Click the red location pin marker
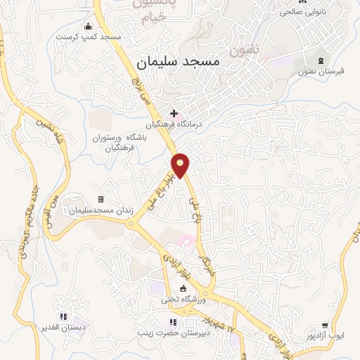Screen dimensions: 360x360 pos(181,165)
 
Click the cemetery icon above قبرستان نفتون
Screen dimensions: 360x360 pos(322,60)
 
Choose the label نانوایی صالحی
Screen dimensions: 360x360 pos(304,11)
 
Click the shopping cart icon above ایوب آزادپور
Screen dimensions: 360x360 pos(325,326)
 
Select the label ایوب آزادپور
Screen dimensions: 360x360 pos(328,337)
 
